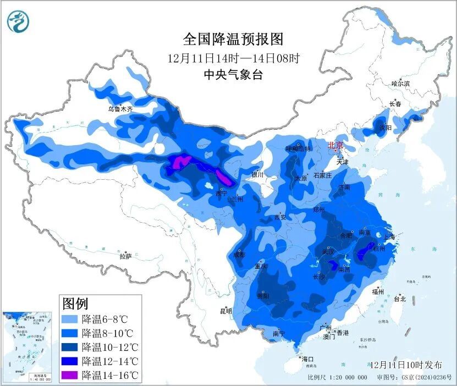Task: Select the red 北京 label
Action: (x=335, y=146)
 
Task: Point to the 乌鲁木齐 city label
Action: (x=120, y=109)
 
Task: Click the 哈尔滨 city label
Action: (x=400, y=84)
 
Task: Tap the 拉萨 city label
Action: (x=125, y=256)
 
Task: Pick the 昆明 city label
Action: (x=226, y=311)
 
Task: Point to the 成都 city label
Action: (x=239, y=255)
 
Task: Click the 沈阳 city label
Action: (x=385, y=128)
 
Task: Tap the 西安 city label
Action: (x=280, y=217)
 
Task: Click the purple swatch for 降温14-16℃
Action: (x=70, y=376)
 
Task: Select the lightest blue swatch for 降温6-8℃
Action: (x=70, y=319)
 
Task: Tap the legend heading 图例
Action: (x=75, y=303)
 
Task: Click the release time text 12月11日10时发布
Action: (x=406, y=365)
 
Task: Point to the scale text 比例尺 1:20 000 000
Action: (x=338, y=378)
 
